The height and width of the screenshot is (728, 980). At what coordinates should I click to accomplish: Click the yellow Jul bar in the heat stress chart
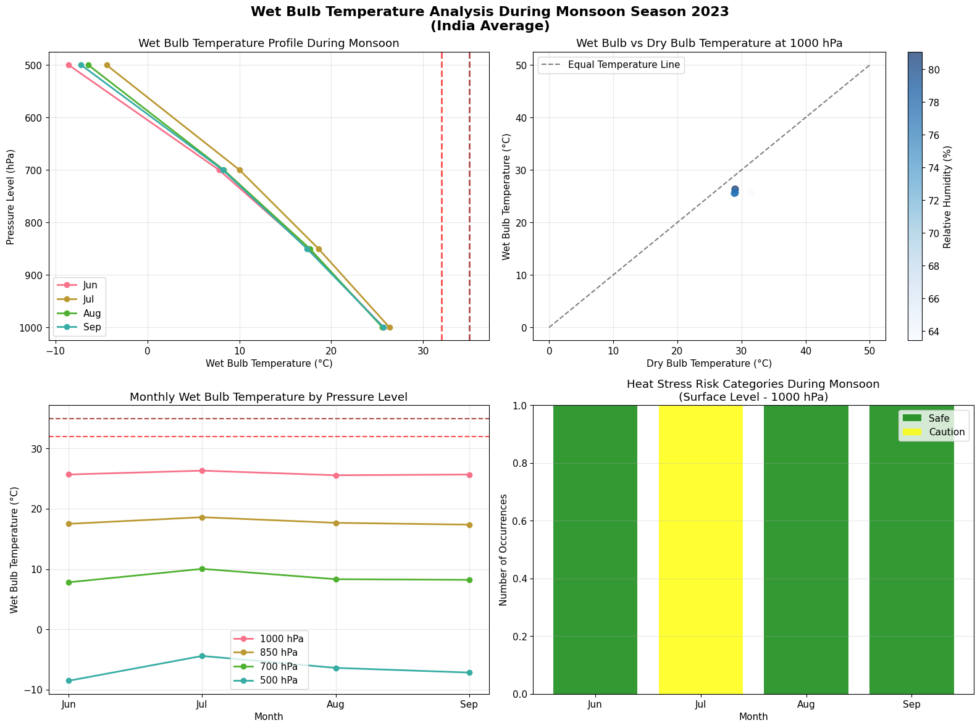click(700, 550)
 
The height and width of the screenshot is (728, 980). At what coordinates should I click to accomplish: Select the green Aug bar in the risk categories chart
click(806, 550)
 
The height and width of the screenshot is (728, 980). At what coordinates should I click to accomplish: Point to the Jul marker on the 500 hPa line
click(202, 656)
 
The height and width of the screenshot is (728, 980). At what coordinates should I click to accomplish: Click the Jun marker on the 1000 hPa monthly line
click(69, 474)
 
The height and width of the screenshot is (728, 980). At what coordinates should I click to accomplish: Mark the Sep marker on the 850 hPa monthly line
click(469, 525)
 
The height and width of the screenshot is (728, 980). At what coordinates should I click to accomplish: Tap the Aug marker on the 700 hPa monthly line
click(336, 579)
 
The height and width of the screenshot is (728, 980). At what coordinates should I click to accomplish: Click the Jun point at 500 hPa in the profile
click(69, 65)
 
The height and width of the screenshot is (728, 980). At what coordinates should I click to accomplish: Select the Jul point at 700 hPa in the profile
click(240, 170)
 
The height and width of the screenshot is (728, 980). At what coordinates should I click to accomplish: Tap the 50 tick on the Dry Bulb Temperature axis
click(869, 351)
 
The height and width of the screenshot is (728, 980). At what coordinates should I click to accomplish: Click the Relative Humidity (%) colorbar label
click(947, 197)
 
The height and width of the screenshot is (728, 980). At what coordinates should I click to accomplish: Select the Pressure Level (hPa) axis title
click(11, 197)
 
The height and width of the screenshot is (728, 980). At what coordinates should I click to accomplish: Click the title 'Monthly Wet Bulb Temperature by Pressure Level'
click(269, 397)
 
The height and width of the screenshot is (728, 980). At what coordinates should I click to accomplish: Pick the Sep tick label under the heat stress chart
click(911, 704)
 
